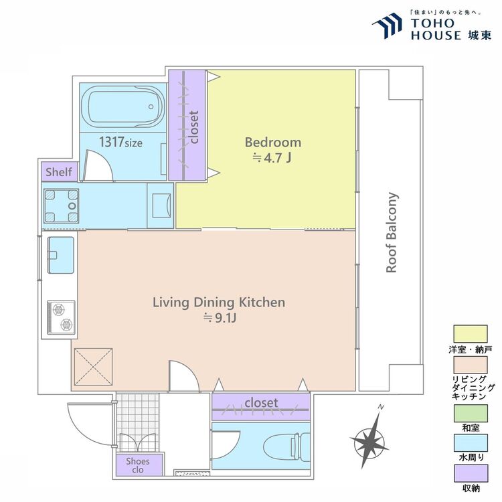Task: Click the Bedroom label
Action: pyautogui.click(x=273, y=143)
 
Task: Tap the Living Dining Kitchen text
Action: pyautogui.click(x=219, y=303)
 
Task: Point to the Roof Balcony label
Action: pyautogui.click(x=392, y=232)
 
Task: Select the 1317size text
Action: pyautogui.click(x=120, y=142)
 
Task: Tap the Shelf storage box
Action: pyautogui.click(x=60, y=172)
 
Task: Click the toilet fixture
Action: pyautogui.click(x=286, y=446)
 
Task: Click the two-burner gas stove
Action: pyautogui.click(x=61, y=317)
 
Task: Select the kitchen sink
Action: pyautogui.click(x=61, y=255)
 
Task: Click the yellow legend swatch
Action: pyautogui.click(x=471, y=334)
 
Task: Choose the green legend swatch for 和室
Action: pyautogui.click(x=471, y=414)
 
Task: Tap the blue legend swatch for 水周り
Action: pyautogui.click(x=471, y=443)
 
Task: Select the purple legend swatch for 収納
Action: pyautogui.click(x=471, y=473)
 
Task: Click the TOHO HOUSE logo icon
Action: pyautogui.click(x=387, y=25)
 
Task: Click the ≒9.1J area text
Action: pyautogui.click(x=220, y=318)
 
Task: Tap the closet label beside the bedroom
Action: pyautogui.click(x=193, y=127)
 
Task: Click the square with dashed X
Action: pyautogui.click(x=93, y=367)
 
